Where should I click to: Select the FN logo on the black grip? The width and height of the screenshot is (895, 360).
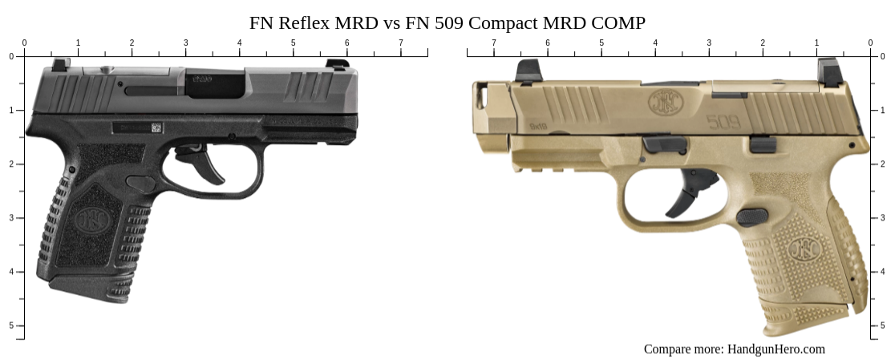tap(87, 219)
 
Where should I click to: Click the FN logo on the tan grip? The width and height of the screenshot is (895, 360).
tap(803, 250)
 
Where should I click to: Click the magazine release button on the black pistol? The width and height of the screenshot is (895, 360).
tap(141, 184)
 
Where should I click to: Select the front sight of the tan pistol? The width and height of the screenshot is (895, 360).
tap(528, 71)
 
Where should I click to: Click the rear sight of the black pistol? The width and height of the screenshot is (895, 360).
tap(60, 64)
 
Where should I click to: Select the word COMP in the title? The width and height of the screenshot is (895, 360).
tap(616, 22)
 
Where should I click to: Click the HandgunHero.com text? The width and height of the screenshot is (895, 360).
tap(776, 349)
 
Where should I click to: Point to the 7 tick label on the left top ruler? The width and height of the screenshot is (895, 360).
tap(401, 42)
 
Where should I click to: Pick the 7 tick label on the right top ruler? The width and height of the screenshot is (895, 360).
tap(494, 42)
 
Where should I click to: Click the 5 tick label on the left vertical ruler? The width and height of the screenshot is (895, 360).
tap(10, 326)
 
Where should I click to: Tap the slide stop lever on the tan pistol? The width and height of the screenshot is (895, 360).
tap(665, 144)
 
